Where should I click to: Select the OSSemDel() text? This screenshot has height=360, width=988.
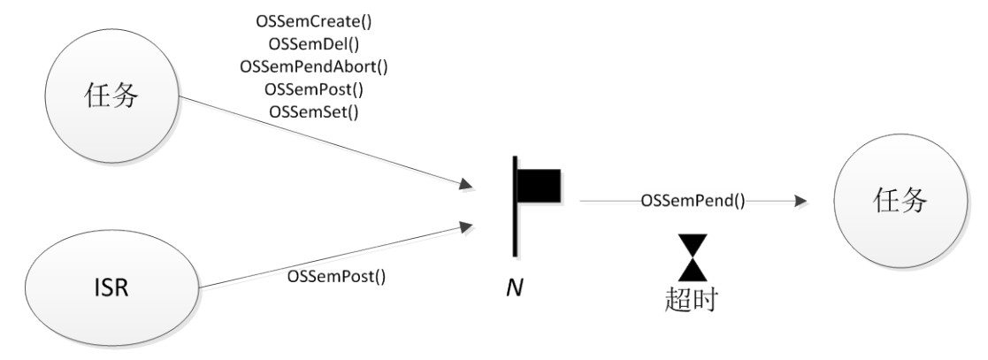(314, 43)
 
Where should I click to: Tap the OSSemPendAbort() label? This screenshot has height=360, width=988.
(314, 66)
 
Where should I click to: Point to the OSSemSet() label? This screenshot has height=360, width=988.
(314, 112)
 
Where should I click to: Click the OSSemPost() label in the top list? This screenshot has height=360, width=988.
(314, 89)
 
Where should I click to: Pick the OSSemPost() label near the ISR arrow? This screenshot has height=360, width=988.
(337, 275)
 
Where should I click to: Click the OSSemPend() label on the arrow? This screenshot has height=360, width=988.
(693, 201)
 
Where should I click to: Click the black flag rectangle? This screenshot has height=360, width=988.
(540, 186)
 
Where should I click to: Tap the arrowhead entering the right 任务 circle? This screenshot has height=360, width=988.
(800, 201)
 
